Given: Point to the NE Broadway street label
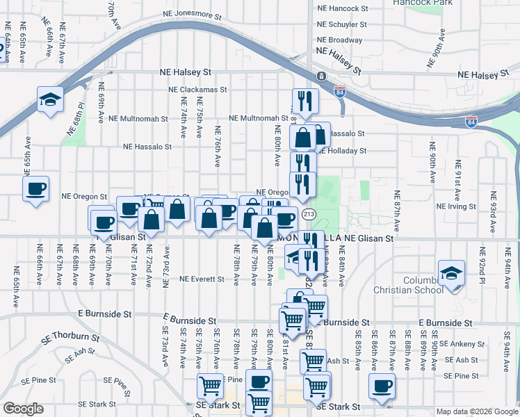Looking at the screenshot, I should tap(339, 40).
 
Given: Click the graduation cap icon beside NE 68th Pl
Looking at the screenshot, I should tap(50, 99).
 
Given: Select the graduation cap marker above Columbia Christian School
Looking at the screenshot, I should tap(451, 272).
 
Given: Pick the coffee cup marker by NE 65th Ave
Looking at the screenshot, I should tap(36, 188).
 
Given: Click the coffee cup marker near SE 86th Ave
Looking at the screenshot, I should tap(382, 386).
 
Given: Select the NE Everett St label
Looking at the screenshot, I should tap(202, 279).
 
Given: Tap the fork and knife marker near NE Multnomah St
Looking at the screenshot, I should tap(305, 101).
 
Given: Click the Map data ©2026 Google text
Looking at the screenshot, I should tap(477, 411).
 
